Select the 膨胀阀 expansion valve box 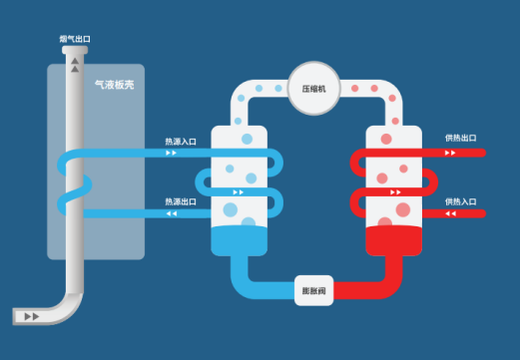point(315,290)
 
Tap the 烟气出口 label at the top point(75,39)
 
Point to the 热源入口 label point(181,142)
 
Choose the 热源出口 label point(181,201)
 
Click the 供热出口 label point(461,139)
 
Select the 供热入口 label point(461,200)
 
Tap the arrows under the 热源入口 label point(171,154)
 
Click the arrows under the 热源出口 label point(171,213)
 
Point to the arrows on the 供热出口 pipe point(450,154)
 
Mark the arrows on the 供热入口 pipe point(450,213)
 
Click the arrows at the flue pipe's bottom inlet point(32,316)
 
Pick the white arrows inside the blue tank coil point(238,191)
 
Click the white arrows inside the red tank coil point(395,191)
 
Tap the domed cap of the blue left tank point(241,135)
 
